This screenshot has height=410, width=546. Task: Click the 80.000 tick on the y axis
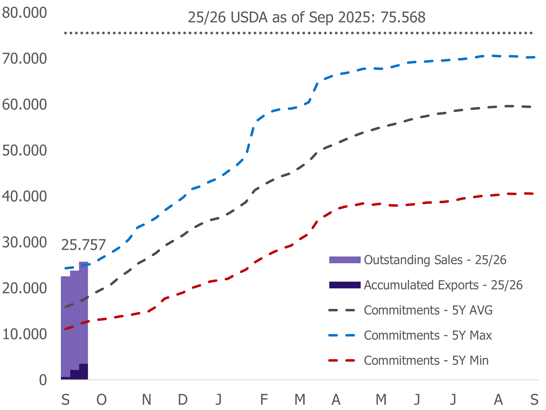pyautogui.click(x=24, y=13)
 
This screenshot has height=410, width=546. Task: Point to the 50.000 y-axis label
pyautogui.click(x=24, y=151)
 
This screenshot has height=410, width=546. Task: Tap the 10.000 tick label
pyautogui.click(x=24, y=334)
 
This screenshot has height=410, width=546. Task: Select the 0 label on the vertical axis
pyautogui.click(x=43, y=380)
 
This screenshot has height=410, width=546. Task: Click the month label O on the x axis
pyautogui.click(x=101, y=399)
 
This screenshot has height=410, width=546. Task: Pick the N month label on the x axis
pyautogui.click(x=146, y=399)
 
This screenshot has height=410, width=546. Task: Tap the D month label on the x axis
pyautogui.click(x=183, y=399)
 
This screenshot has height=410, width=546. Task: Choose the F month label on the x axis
pyautogui.click(x=264, y=399)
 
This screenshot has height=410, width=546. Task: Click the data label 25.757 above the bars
pyautogui.click(x=83, y=245)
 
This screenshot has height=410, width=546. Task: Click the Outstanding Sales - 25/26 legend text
pyautogui.click(x=435, y=260)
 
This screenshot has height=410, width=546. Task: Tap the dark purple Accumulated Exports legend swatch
pyautogui.click(x=345, y=285)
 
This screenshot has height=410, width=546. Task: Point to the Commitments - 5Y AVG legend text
pyautogui.click(x=428, y=310)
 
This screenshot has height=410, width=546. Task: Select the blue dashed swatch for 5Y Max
pyautogui.click(x=342, y=335)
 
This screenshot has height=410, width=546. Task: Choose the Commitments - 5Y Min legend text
pyautogui.click(x=426, y=361)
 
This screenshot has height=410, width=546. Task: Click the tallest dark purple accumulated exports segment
pyautogui.click(x=84, y=372)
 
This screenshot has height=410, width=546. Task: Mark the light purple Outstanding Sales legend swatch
pyautogui.click(x=345, y=260)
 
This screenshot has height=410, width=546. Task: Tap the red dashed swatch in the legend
pyautogui.click(x=342, y=361)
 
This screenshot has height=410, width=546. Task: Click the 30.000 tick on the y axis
pyautogui.click(x=24, y=242)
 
